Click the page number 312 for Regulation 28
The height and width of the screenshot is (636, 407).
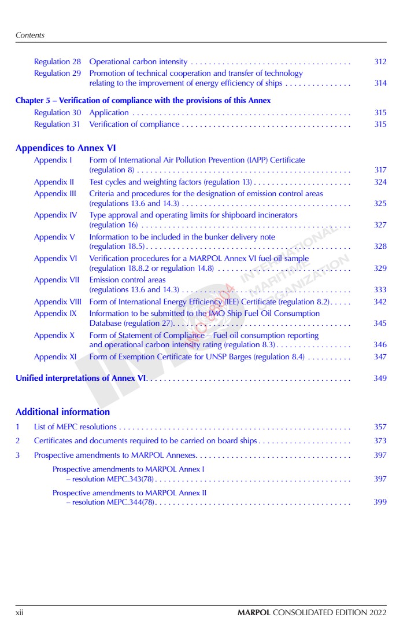point(380,61)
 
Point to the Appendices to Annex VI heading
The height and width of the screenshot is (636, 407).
point(66,148)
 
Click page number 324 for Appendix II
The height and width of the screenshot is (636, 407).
point(380,182)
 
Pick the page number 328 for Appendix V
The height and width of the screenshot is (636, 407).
point(380,247)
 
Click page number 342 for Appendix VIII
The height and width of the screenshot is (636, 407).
point(380,302)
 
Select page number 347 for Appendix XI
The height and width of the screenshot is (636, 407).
point(380,357)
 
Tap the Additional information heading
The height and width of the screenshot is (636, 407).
point(62,412)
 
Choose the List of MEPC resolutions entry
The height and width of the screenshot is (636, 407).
point(75,427)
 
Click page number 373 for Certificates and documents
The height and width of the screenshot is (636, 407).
point(380,441)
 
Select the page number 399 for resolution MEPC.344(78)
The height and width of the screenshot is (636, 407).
point(380,502)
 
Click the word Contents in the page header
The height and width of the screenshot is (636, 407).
point(30,35)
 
